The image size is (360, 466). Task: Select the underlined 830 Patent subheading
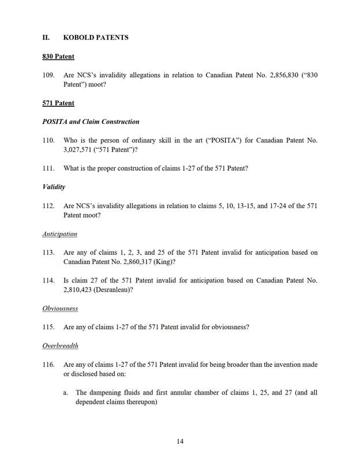[x=58, y=57]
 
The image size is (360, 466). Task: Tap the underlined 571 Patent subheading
[x=58, y=103]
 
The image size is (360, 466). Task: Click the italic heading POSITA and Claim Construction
[x=91, y=122]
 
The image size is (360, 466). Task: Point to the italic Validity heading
[x=54, y=187]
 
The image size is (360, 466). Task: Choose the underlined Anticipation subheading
[x=59, y=234]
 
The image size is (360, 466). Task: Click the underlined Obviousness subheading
[x=60, y=309]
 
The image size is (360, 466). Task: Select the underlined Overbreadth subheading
[x=60, y=345]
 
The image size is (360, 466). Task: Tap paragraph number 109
[x=48, y=75]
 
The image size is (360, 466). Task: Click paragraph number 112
[x=48, y=206]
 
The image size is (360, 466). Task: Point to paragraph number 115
[x=48, y=327]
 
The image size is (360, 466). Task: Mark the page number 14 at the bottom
[x=180, y=441]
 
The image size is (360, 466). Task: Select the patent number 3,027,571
[x=80, y=150]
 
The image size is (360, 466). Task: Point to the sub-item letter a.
[x=66, y=392]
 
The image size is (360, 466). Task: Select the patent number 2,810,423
[x=80, y=290]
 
